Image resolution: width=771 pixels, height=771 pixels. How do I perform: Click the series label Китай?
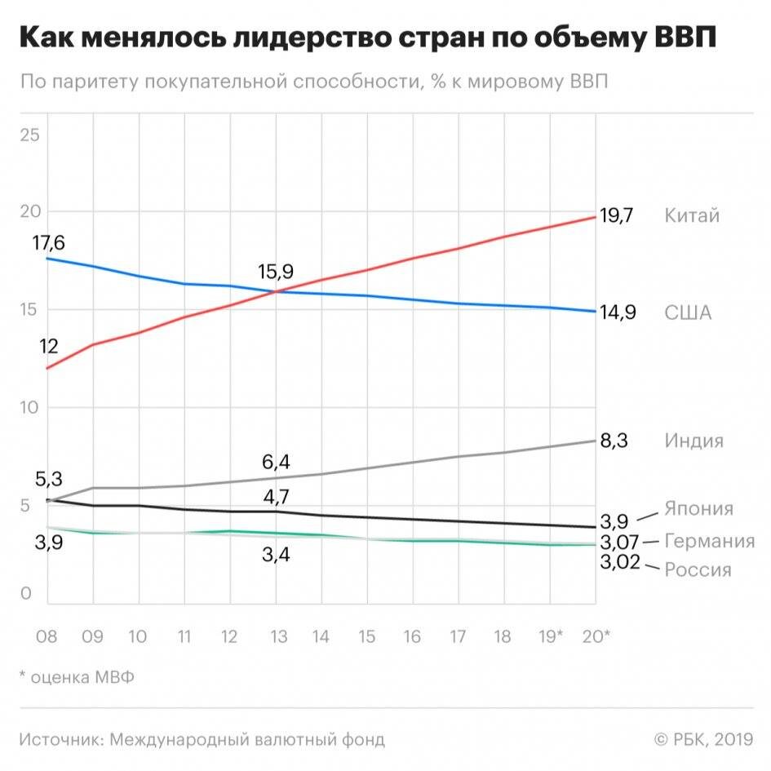692,216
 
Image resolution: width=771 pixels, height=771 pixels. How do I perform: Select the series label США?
688,313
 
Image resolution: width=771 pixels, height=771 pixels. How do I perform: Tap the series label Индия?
693,441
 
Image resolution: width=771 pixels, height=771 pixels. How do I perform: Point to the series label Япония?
698,509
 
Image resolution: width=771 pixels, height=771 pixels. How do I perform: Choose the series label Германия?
709,541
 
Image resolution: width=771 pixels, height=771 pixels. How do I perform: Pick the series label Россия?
698,569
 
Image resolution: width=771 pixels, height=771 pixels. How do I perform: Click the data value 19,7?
618,216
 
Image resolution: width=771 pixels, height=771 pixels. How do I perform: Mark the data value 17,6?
48,243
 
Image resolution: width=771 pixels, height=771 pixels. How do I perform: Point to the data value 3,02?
621,562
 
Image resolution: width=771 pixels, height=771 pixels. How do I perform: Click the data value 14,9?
618,313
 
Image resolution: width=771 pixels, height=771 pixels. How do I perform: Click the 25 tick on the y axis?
29,135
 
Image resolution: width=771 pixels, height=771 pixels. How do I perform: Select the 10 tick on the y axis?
29,407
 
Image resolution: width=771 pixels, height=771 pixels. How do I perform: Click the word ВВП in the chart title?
680,39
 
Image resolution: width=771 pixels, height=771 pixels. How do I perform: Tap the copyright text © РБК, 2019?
702,740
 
